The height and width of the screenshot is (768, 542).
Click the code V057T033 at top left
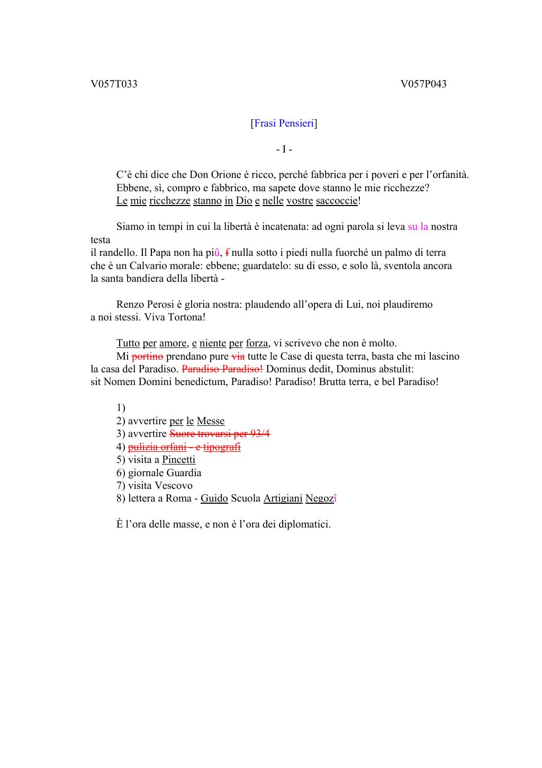click(x=114, y=84)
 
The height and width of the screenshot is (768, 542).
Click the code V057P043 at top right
click(x=423, y=84)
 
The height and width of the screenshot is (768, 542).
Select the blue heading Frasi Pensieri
click(x=284, y=123)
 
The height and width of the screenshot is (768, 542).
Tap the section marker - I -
click(x=284, y=149)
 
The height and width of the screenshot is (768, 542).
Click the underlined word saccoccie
click(x=337, y=201)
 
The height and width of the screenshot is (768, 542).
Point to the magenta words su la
click(x=418, y=227)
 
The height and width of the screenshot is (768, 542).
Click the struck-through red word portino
click(x=147, y=356)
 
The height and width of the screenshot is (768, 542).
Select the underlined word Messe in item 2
click(x=211, y=421)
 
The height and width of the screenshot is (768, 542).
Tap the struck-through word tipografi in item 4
click(x=222, y=447)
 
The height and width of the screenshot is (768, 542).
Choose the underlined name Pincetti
click(x=178, y=460)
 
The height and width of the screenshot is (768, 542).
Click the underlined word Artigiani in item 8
click(x=283, y=498)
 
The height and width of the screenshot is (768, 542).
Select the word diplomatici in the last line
click(x=304, y=524)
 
